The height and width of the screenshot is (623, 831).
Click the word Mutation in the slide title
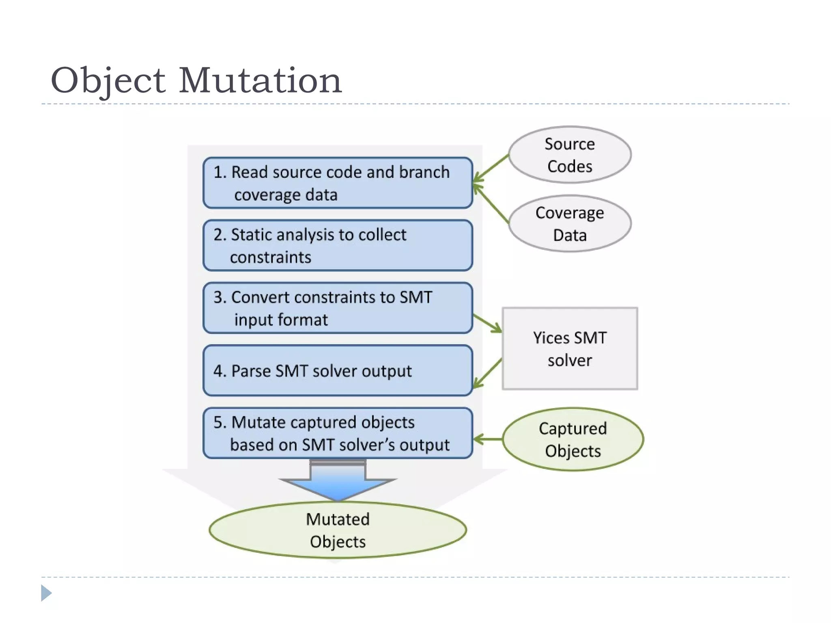click(260, 80)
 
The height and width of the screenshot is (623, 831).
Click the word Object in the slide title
click(108, 80)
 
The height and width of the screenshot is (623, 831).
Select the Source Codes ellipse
click(569, 155)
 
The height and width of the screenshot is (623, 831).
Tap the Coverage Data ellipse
click(569, 223)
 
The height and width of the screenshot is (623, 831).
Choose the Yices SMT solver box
click(569, 349)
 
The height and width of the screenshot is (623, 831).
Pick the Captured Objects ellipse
click(573, 439)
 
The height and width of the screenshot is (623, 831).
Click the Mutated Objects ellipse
click(338, 530)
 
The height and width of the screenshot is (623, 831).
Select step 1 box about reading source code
click(338, 183)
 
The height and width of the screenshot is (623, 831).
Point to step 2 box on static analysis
click(338, 245)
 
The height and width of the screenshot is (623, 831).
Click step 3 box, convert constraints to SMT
click(338, 308)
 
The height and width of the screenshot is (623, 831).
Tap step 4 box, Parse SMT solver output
click(338, 370)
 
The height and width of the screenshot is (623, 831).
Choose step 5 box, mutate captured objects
click(338, 433)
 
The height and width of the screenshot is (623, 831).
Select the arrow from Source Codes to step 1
click(491, 168)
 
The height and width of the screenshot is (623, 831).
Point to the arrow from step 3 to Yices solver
click(488, 323)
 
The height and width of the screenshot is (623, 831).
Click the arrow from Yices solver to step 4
click(488, 373)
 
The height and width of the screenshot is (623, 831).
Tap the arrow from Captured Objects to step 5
click(488, 439)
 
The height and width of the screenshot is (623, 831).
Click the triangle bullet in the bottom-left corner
click(46, 593)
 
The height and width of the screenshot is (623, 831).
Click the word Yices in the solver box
click(551, 338)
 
